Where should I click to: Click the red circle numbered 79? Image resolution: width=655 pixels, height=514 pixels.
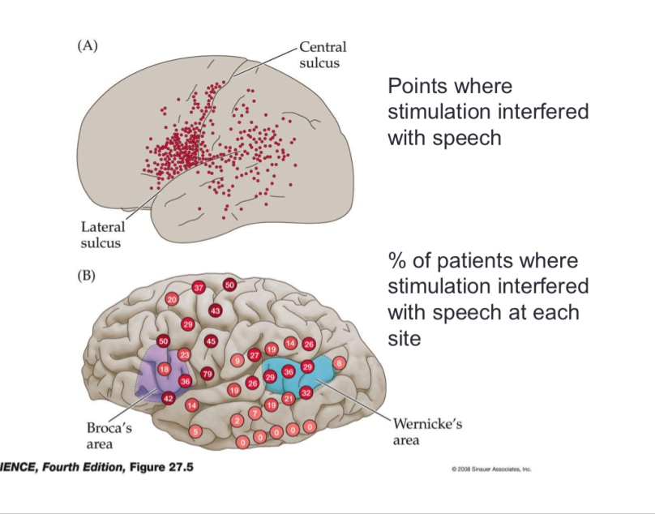(x=207, y=374)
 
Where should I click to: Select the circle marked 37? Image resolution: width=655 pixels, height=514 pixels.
(x=199, y=288)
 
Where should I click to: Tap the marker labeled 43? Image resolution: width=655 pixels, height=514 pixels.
(x=216, y=311)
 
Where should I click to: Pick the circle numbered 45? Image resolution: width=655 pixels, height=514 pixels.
(x=211, y=341)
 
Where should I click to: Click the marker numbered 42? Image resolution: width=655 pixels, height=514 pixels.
(x=168, y=398)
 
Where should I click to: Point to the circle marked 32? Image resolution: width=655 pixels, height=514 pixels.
(x=306, y=392)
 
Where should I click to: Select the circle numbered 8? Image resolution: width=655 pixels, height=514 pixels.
(x=339, y=362)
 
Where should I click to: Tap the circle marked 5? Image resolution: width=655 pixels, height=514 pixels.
(x=195, y=432)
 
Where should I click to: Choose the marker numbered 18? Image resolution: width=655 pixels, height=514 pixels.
(x=165, y=369)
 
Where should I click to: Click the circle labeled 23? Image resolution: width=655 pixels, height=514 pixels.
(x=184, y=354)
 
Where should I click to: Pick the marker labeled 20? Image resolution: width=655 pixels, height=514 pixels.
(x=171, y=299)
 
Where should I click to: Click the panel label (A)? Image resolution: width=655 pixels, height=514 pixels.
(x=87, y=46)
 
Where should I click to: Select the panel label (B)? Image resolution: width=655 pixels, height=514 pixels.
(x=87, y=276)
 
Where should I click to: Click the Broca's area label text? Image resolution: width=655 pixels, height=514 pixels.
(x=105, y=434)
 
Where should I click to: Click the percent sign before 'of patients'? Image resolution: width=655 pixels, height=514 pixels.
(x=397, y=261)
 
